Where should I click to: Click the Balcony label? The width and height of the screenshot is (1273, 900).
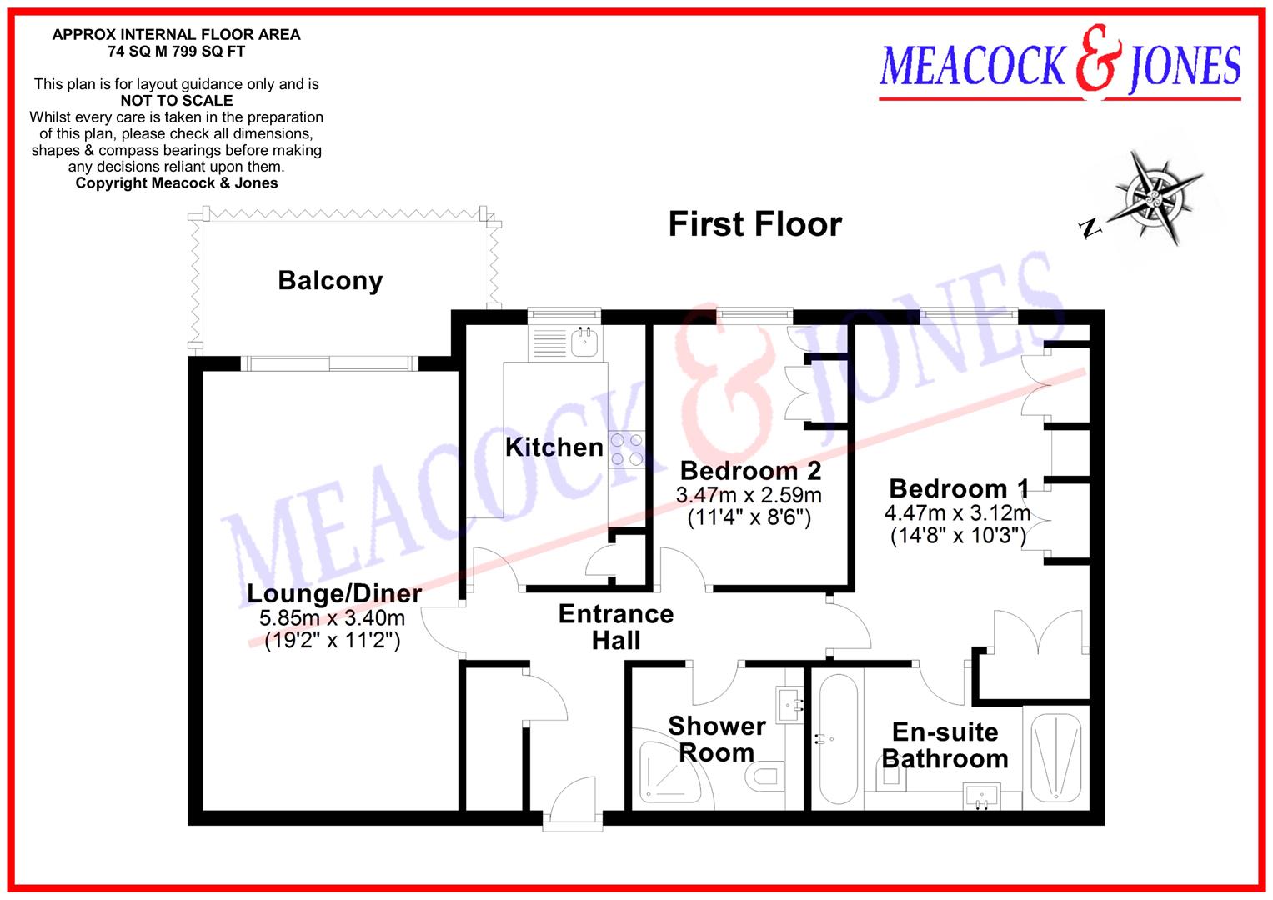coord(330,281)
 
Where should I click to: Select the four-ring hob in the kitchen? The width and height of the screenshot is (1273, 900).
coord(626,448)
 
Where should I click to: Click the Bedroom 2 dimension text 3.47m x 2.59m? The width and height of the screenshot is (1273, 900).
coord(749,495)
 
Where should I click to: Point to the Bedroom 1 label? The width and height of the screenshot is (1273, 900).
coord(959,488)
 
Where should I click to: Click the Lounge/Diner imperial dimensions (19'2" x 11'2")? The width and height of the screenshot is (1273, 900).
coord(333,641)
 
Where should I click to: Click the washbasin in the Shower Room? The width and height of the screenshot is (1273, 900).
coord(789,704)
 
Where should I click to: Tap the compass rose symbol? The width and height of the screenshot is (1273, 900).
coord(1155,197)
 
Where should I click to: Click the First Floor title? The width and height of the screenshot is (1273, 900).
coord(755,224)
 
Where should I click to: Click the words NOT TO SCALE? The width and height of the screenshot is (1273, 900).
coord(176,101)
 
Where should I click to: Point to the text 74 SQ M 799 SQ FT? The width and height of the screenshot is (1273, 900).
coord(176,51)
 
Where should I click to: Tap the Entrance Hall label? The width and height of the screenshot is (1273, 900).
coord(616,627)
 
